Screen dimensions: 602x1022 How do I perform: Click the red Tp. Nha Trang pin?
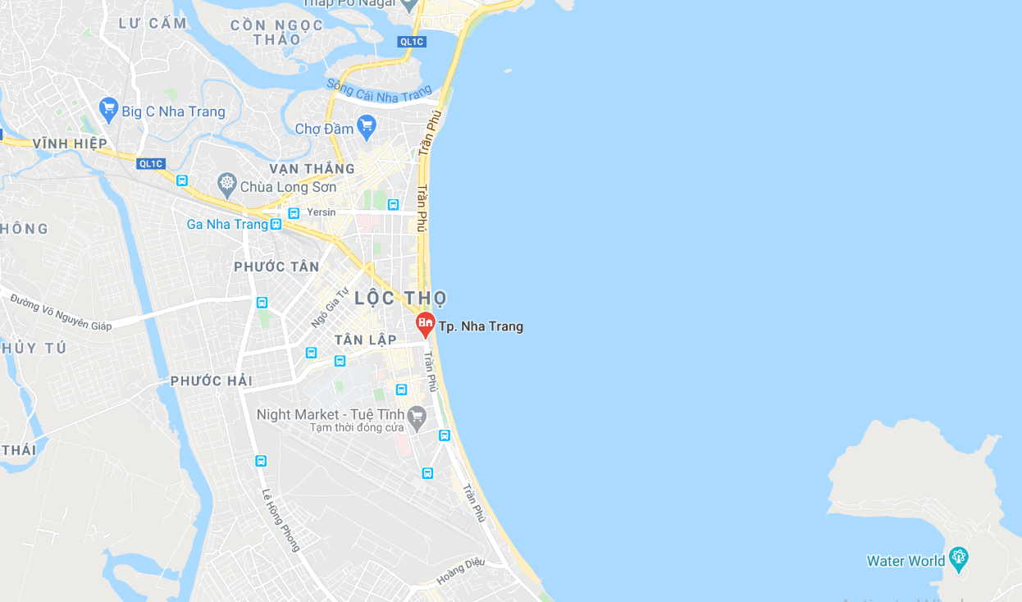coord(425,324)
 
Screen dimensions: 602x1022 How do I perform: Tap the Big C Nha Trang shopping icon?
coord(108,108)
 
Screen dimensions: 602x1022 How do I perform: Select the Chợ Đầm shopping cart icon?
coord(366,126)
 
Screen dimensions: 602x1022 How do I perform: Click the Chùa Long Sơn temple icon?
coord(227,182)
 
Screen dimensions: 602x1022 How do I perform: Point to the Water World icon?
coord(958,559)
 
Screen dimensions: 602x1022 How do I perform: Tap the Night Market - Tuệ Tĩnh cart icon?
coord(417,416)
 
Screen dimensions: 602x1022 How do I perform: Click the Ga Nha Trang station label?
coord(227,225)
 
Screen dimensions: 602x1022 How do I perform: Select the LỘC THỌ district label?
coord(401,298)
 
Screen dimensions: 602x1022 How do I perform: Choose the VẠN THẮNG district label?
coord(312,169)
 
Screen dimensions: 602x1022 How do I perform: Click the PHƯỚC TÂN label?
coord(276,267)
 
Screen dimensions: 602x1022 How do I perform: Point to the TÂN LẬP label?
coord(366,340)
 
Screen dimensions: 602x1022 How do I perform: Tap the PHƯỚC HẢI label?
coord(212,381)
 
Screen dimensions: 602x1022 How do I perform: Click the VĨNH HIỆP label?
coord(70,144)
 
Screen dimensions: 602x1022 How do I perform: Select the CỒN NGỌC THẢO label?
coord(277,32)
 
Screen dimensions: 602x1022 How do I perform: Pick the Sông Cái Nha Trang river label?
coord(378,90)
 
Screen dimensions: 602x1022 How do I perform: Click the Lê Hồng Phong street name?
coord(281,519)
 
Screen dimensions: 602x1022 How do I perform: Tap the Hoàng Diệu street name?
coord(461,571)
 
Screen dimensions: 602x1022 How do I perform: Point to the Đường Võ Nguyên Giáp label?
coord(61,312)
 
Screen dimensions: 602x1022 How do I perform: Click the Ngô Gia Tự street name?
coord(330,308)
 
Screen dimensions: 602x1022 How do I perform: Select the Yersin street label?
coord(321,212)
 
